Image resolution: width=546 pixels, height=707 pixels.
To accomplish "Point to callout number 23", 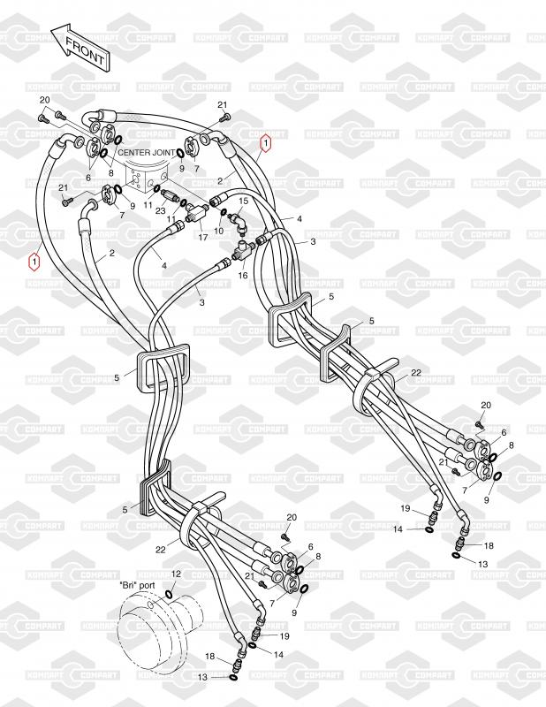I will tap(161, 209).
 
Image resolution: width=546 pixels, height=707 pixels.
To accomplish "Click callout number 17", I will tap(202, 237).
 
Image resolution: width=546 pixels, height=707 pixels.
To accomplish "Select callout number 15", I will tap(245, 201).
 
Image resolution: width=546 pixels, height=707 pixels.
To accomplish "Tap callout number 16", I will tap(241, 276).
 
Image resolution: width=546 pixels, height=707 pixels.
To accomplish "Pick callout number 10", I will tap(219, 231).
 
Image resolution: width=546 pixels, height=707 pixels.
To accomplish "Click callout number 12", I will tap(176, 574).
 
